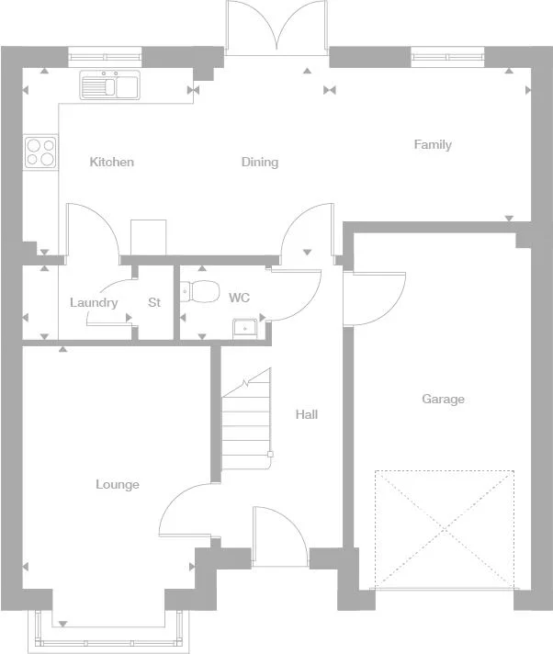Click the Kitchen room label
(x=111, y=163)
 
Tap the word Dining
(x=260, y=163)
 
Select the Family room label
(x=433, y=145)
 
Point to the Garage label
(x=443, y=400)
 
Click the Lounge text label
(x=118, y=484)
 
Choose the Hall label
(x=307, y=415)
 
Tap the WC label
(x=239, y=299)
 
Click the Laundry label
(x=94, y=303)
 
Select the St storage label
(x=154, y=303)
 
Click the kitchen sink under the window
(x=108, y=86)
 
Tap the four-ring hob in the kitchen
(x=40, y=152)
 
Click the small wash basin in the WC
(x=245, y=326)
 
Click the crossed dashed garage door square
(x=444, y=529)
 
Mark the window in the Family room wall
(x=446, y=58)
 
